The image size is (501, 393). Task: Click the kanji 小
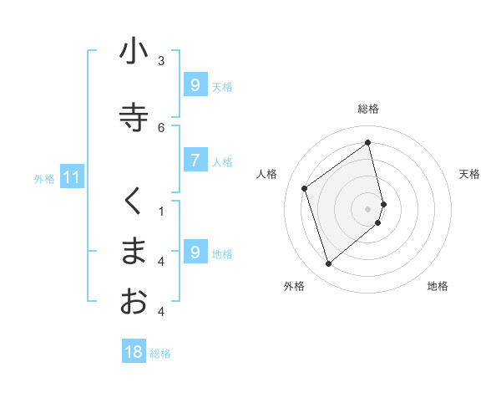pyautogui.click(x=134, y=52)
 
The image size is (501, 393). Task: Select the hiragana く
pyautogui.click(x=134, y=202)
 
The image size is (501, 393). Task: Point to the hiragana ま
pyautogui.click(x=134, y=251)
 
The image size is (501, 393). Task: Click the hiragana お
pyautogui.click(x=134, y=301)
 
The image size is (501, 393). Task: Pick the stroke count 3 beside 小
pyautogui.click(x=161, y=60)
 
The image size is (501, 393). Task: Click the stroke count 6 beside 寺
pyautogui.click(x=161, y=127)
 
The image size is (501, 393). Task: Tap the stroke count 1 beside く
pyautogui.click(x=161, y=211)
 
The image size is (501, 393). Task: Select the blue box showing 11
pyautogui.click(x=72, y=177)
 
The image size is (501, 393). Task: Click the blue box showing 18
pyautogui.click(x=134, y=352)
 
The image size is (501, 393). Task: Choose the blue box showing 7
pyautogui.click(x=195, y=161)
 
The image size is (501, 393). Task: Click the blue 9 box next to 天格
pyautogui.click(x=195, y=85)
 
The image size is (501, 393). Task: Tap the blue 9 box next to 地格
pyautogui.click(x=195, y=253)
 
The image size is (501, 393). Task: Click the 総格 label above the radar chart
pyautogui.click(x=368, y=109)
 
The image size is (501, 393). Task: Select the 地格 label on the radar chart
pyautogui.click(x=438, y=286)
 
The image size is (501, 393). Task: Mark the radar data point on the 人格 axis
pyautogui.click(x=305, y=188)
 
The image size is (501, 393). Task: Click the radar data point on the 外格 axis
pyautogui.click(x=328, y=264)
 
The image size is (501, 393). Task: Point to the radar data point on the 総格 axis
pyautogui.click(x=368, y=142)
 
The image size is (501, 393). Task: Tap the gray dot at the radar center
pyautogui.click(x=368, y=208)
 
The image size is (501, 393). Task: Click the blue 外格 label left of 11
pyautogui.click(x=44, y=178)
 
